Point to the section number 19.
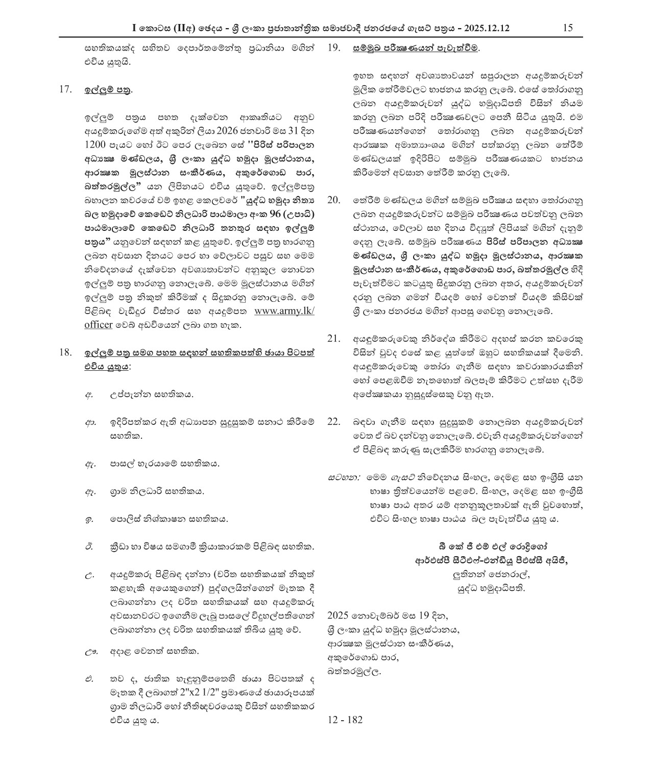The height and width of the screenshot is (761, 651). (333, 49)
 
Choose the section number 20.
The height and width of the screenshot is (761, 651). (333, 199)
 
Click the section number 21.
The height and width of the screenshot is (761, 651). (333, 339)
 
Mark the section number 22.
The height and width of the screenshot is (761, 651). (333, 422)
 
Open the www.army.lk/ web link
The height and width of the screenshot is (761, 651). (284, 311)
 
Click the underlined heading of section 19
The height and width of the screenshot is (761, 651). (416, 49)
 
